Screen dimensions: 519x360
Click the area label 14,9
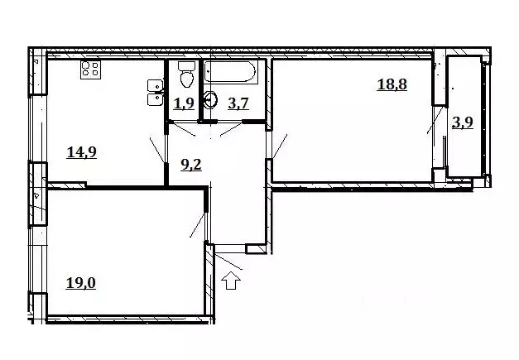[x=82, y=152]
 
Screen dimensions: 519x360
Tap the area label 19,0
[x=81, y=283]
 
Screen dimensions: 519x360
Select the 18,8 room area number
[x=392, y=84]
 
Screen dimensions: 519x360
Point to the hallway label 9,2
[x=191, y=165]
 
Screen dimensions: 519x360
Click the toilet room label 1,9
[x=184, y=103]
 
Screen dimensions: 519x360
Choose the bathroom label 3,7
[x=238, y=103]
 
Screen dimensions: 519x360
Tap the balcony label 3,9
[x=463, y=122]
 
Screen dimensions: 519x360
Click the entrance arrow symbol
[x=231, y=281]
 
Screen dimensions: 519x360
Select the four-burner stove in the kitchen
[x=90, y=70]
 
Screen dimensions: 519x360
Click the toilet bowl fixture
[x=187, y=74]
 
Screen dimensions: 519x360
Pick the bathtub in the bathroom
[x=230, y=71]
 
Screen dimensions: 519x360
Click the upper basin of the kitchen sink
[x=155, y=85]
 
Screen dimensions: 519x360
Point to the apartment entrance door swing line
[x=228, y=262]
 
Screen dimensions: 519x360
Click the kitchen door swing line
[x=157, y=149]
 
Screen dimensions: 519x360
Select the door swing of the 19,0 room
[x=198, y=224]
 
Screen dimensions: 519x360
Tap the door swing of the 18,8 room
[x=280, y=146]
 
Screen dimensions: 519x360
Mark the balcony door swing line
[x=435, y=120]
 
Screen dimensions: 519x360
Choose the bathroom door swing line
[x=232, y=129]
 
